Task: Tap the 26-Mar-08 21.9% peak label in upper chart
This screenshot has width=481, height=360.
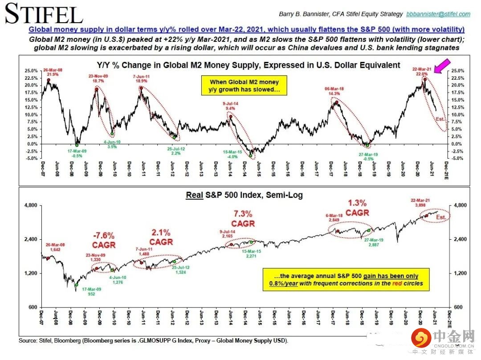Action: click(x=53, y=72)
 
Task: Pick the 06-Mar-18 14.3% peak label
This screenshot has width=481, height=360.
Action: click(x=335, y=91)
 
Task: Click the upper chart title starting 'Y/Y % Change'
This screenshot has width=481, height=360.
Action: click(x=249, y=65)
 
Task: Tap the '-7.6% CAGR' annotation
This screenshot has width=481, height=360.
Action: click(x=103, y=240)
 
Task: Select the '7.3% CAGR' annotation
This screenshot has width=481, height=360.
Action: click(x=243, y=218)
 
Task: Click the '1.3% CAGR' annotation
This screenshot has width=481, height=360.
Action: click(x=357, y=208)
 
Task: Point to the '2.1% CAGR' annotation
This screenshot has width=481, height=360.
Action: click(x=160, y=237)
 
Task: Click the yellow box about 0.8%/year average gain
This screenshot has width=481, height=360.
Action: click(x=346, y=279)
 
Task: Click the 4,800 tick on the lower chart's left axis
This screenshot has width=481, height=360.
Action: click(x=32, y=205)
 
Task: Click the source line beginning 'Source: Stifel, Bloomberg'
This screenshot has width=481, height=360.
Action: click(x=154, y=341)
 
